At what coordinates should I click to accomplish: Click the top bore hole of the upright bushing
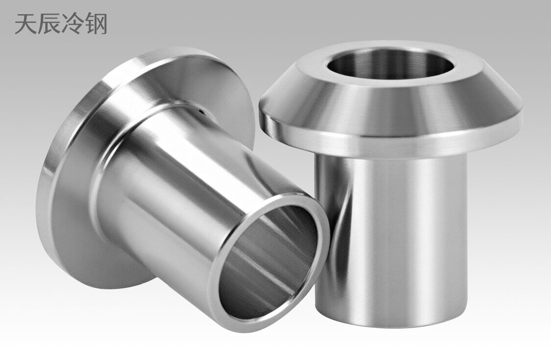[390, 64]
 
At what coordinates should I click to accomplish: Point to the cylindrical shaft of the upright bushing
[392, 231]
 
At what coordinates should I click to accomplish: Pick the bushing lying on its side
[172, 186]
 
